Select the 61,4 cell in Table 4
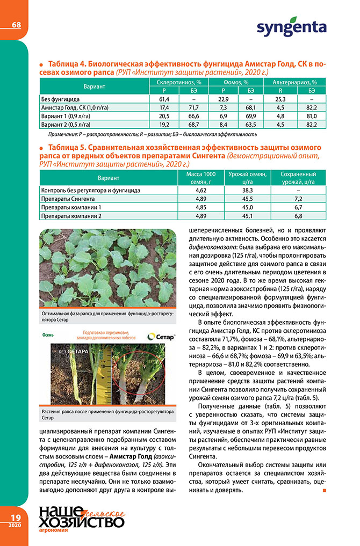[x=164, y=99]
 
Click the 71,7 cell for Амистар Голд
[x=194, y=108]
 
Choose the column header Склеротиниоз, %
[x=179, y=82]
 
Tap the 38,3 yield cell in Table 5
[x=247, y=190]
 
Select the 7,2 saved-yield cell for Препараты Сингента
[x=299, y=199]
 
